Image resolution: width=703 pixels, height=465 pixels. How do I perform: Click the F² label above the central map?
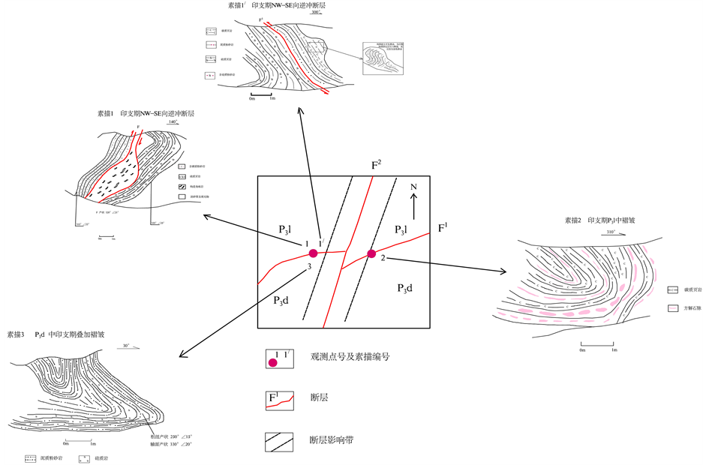tap(377, 164)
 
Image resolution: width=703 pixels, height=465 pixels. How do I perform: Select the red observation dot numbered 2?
tap(371, 253)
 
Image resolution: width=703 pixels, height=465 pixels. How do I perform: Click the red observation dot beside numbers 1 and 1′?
tap(314, 253)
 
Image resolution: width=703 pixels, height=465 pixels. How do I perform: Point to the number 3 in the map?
tap(308, 267)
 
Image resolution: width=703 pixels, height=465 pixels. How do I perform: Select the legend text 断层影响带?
tap(331, 440)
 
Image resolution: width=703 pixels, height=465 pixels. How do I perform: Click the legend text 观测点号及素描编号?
tap(350, 357)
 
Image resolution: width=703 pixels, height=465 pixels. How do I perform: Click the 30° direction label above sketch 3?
tap(128, 346)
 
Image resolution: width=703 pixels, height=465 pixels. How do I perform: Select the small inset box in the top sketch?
tap(382, 58)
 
